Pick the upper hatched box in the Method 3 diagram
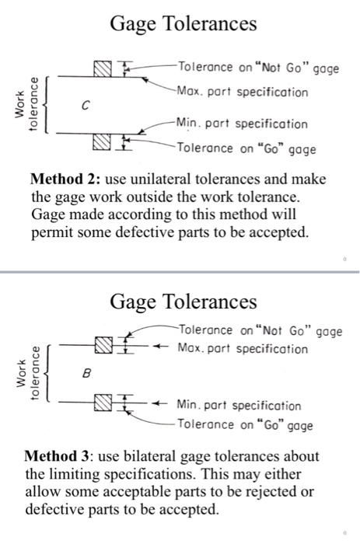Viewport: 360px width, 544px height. [x=103, y=343]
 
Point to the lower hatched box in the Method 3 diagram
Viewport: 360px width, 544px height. [x=103, y=403]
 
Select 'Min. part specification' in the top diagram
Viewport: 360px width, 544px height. [x=242, y=124]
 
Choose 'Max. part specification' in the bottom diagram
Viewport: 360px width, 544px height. [x=243, y=349]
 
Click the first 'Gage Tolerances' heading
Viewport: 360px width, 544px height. [x=183, y=25]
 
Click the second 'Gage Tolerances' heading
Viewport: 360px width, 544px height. [x=183, y=300]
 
